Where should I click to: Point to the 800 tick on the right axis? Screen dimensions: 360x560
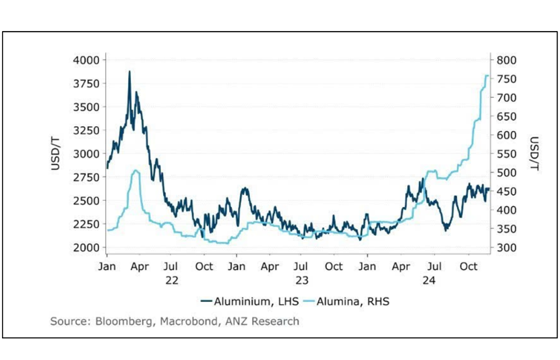coord(506,60)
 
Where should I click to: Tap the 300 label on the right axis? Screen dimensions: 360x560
coord(506,247)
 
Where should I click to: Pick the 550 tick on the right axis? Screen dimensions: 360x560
coord(506,154)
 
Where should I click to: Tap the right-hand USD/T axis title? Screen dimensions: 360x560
coord(534,153)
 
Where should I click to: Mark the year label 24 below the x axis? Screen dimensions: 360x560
coord(434,280)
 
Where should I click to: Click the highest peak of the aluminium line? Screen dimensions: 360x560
coord(129,71)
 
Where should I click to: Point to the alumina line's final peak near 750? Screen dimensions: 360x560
coord(487,76)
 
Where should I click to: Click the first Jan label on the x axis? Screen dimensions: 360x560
coord(107,266)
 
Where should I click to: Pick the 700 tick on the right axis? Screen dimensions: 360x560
coord(506,98)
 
